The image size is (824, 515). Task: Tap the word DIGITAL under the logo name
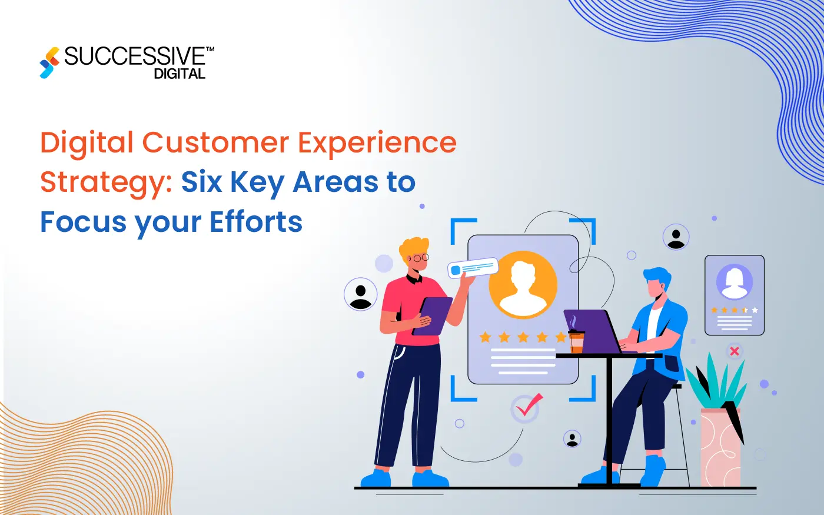180,74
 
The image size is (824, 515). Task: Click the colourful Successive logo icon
49,62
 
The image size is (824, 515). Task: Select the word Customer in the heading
215,143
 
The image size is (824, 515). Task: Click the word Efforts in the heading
256,222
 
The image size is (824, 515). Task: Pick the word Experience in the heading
377,143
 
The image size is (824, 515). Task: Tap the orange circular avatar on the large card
523,285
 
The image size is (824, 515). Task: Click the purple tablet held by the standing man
432,315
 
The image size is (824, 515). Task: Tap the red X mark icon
734,351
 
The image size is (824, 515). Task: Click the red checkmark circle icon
526,408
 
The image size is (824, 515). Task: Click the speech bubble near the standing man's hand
473,268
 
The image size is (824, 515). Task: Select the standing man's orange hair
413,248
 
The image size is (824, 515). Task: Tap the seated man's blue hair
657,277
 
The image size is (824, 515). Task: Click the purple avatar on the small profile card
734,281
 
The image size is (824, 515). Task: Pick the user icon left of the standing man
360,294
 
